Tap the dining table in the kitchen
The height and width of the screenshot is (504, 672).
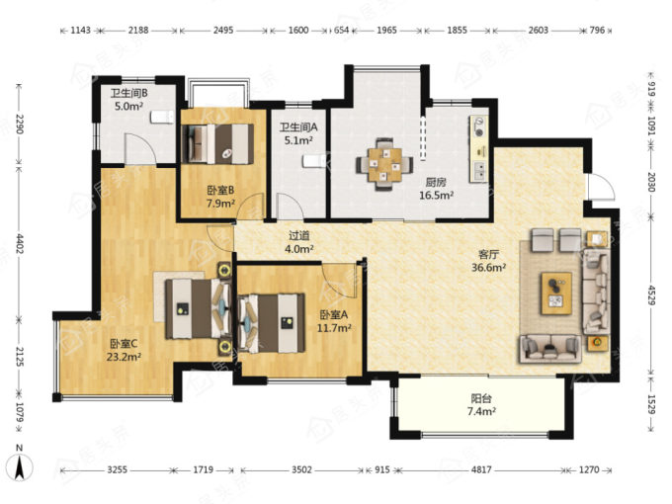[x=384, y=165]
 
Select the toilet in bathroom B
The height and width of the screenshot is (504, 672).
[x=162, y=117]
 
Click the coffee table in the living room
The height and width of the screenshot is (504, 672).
[x=556, y=294]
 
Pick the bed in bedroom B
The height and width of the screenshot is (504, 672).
[x=218, y=144]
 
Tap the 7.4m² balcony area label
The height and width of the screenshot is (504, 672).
[x=481, y=412]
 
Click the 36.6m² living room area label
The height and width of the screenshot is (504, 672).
[x=488, y=268]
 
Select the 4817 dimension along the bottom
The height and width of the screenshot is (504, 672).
[x=481, y=470]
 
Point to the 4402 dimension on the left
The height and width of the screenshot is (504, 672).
[x=19, y=242]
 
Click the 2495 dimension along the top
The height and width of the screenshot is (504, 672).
[x=223, y=30]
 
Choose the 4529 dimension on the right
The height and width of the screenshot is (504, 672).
[x=651, y=294]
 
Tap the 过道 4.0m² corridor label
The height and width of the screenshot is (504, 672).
[x=299, y=242]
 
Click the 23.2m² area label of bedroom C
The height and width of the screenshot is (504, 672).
[x=124, y=357]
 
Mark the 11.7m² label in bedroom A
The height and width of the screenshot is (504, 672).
[x=334, y=328]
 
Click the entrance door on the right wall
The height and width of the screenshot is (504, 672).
[x=601, y=187]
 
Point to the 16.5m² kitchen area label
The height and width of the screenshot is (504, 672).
[x=436, y=196]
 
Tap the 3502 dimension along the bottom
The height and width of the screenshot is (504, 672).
[x=301, y=470]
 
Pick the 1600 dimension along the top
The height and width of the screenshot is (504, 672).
[x=298, y=30]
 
